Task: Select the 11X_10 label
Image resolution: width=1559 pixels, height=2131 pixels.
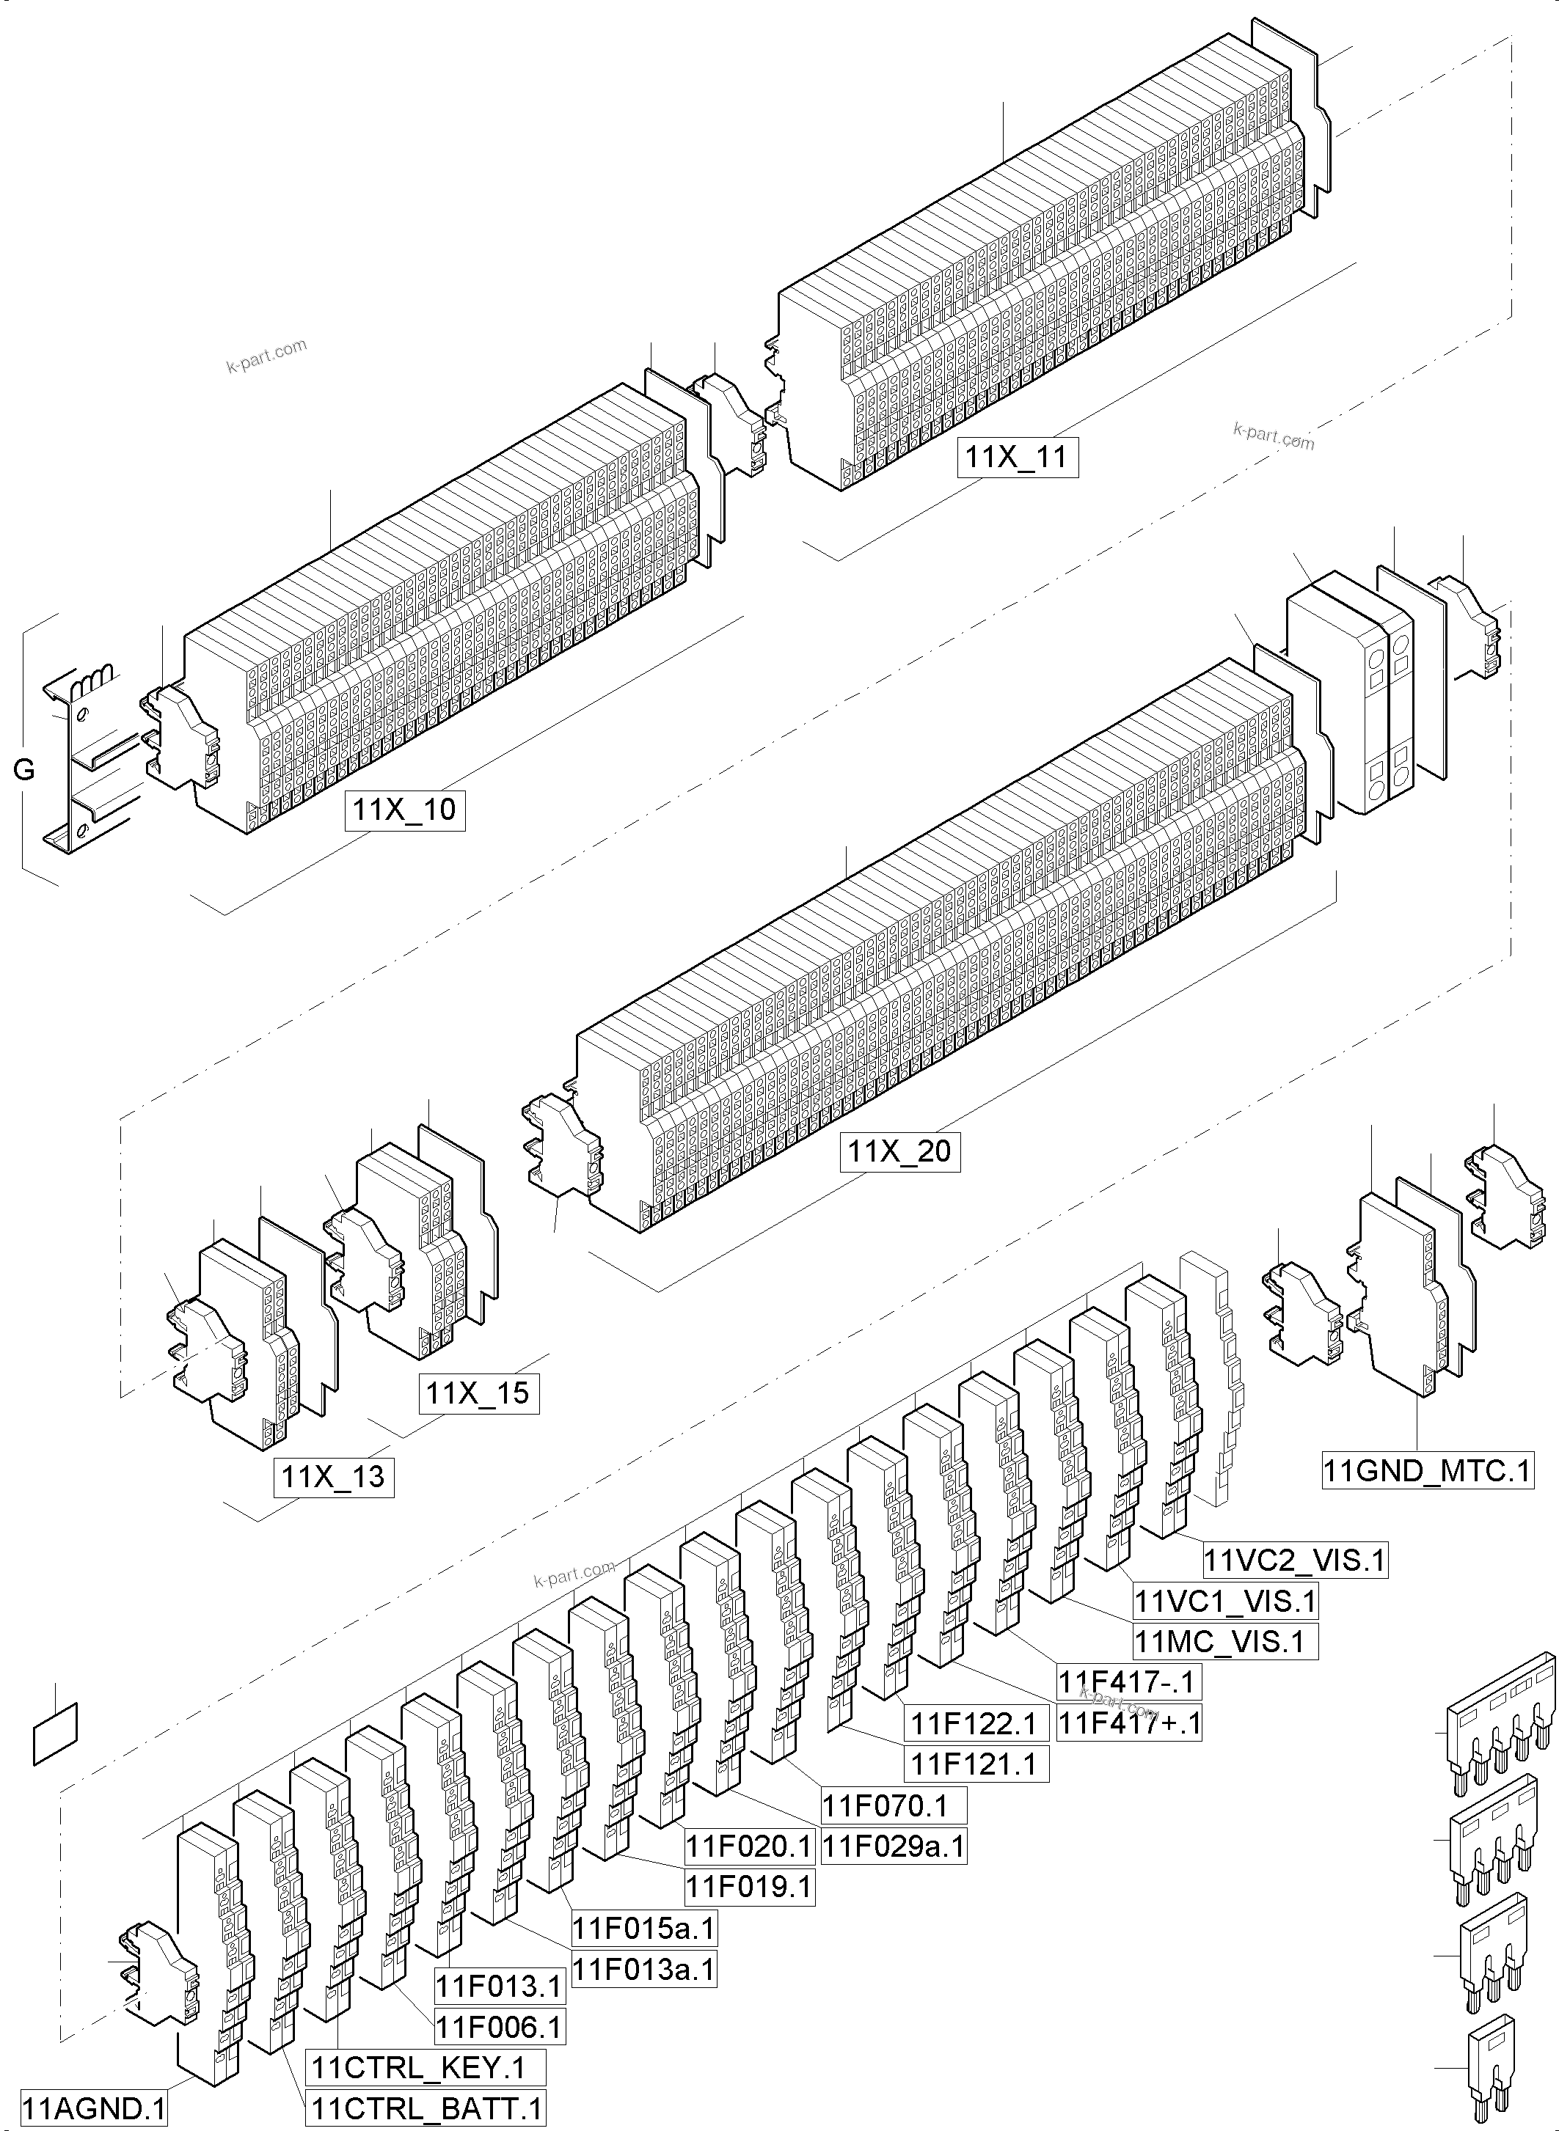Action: click(405, 810)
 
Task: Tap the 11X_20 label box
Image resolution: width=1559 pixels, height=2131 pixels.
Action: click(900, 1152)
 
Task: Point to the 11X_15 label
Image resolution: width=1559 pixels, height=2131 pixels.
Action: click(478, 1393)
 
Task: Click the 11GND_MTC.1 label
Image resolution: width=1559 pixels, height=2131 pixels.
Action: click(1427, 1471)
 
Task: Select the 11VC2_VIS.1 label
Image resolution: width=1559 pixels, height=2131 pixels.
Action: click(1295, 1560)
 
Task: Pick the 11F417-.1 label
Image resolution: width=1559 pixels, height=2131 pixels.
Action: click(1128, 1681)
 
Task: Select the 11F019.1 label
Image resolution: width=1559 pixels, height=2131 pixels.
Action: click(749, 1887)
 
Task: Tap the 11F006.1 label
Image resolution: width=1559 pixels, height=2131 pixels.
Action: click(499, 2026)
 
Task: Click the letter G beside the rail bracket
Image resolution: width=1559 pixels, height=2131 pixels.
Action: click(23, 770)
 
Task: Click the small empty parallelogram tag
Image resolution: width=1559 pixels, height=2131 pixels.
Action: click(56, 1733)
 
